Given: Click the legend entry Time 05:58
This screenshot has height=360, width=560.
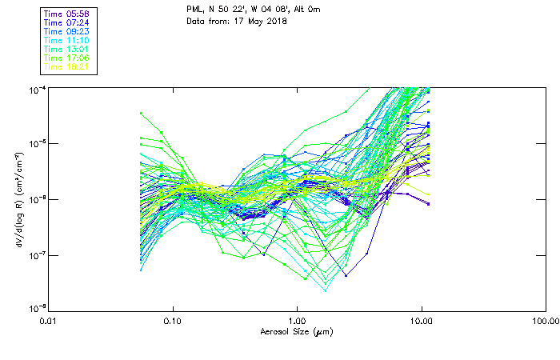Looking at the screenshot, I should pyautogui.click(x=66, y=14).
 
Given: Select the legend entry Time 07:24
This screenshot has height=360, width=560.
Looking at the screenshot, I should pyautogui.click(x=66, y=22).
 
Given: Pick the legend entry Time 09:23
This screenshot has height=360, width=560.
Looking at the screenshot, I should pyautogui.click(x=66, y=31).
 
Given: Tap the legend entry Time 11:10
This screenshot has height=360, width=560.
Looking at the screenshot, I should pyautogui.click(x=66, y=40).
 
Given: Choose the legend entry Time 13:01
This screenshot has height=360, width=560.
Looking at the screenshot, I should pyautogui.click(x=66, y=49).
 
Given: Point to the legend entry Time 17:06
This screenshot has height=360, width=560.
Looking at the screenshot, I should pyautogui.click(x=66, y=58).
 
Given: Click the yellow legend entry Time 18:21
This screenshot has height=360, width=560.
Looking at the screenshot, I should pyautogui.click(x=66, y=66).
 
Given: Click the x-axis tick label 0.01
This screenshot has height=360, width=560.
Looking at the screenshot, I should pyautogui.click(x=49, y=320).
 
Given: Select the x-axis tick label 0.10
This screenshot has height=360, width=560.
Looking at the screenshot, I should pyautogui.click(x=173, y=320).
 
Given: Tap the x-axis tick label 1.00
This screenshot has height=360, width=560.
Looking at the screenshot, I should pyautogui.click(x=297, y=320).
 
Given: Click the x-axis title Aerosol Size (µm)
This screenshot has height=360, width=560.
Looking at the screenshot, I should pyautogui.click(x=296, y=331).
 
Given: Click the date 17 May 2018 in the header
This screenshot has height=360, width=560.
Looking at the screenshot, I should pyautogui.click(x=258, y=21).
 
